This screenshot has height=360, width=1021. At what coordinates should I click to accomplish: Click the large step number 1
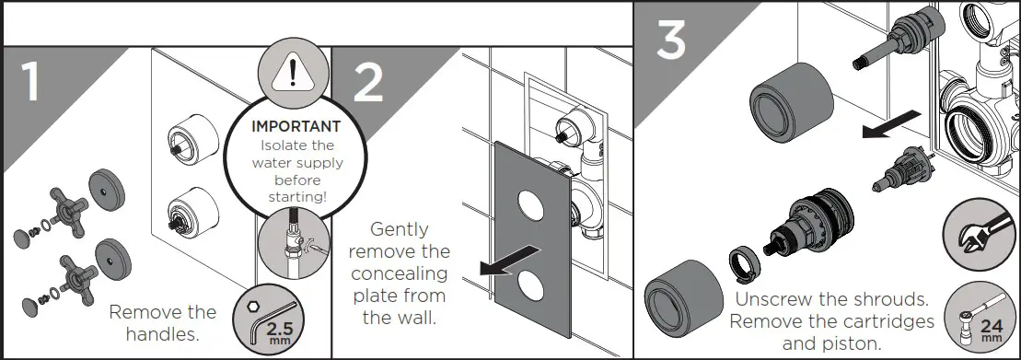click(30, 81)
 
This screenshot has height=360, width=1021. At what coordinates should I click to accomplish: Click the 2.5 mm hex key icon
click(273, 324)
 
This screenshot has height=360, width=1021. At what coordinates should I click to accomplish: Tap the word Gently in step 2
click(398, 229)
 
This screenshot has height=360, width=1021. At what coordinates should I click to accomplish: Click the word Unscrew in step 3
click(769, 301)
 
